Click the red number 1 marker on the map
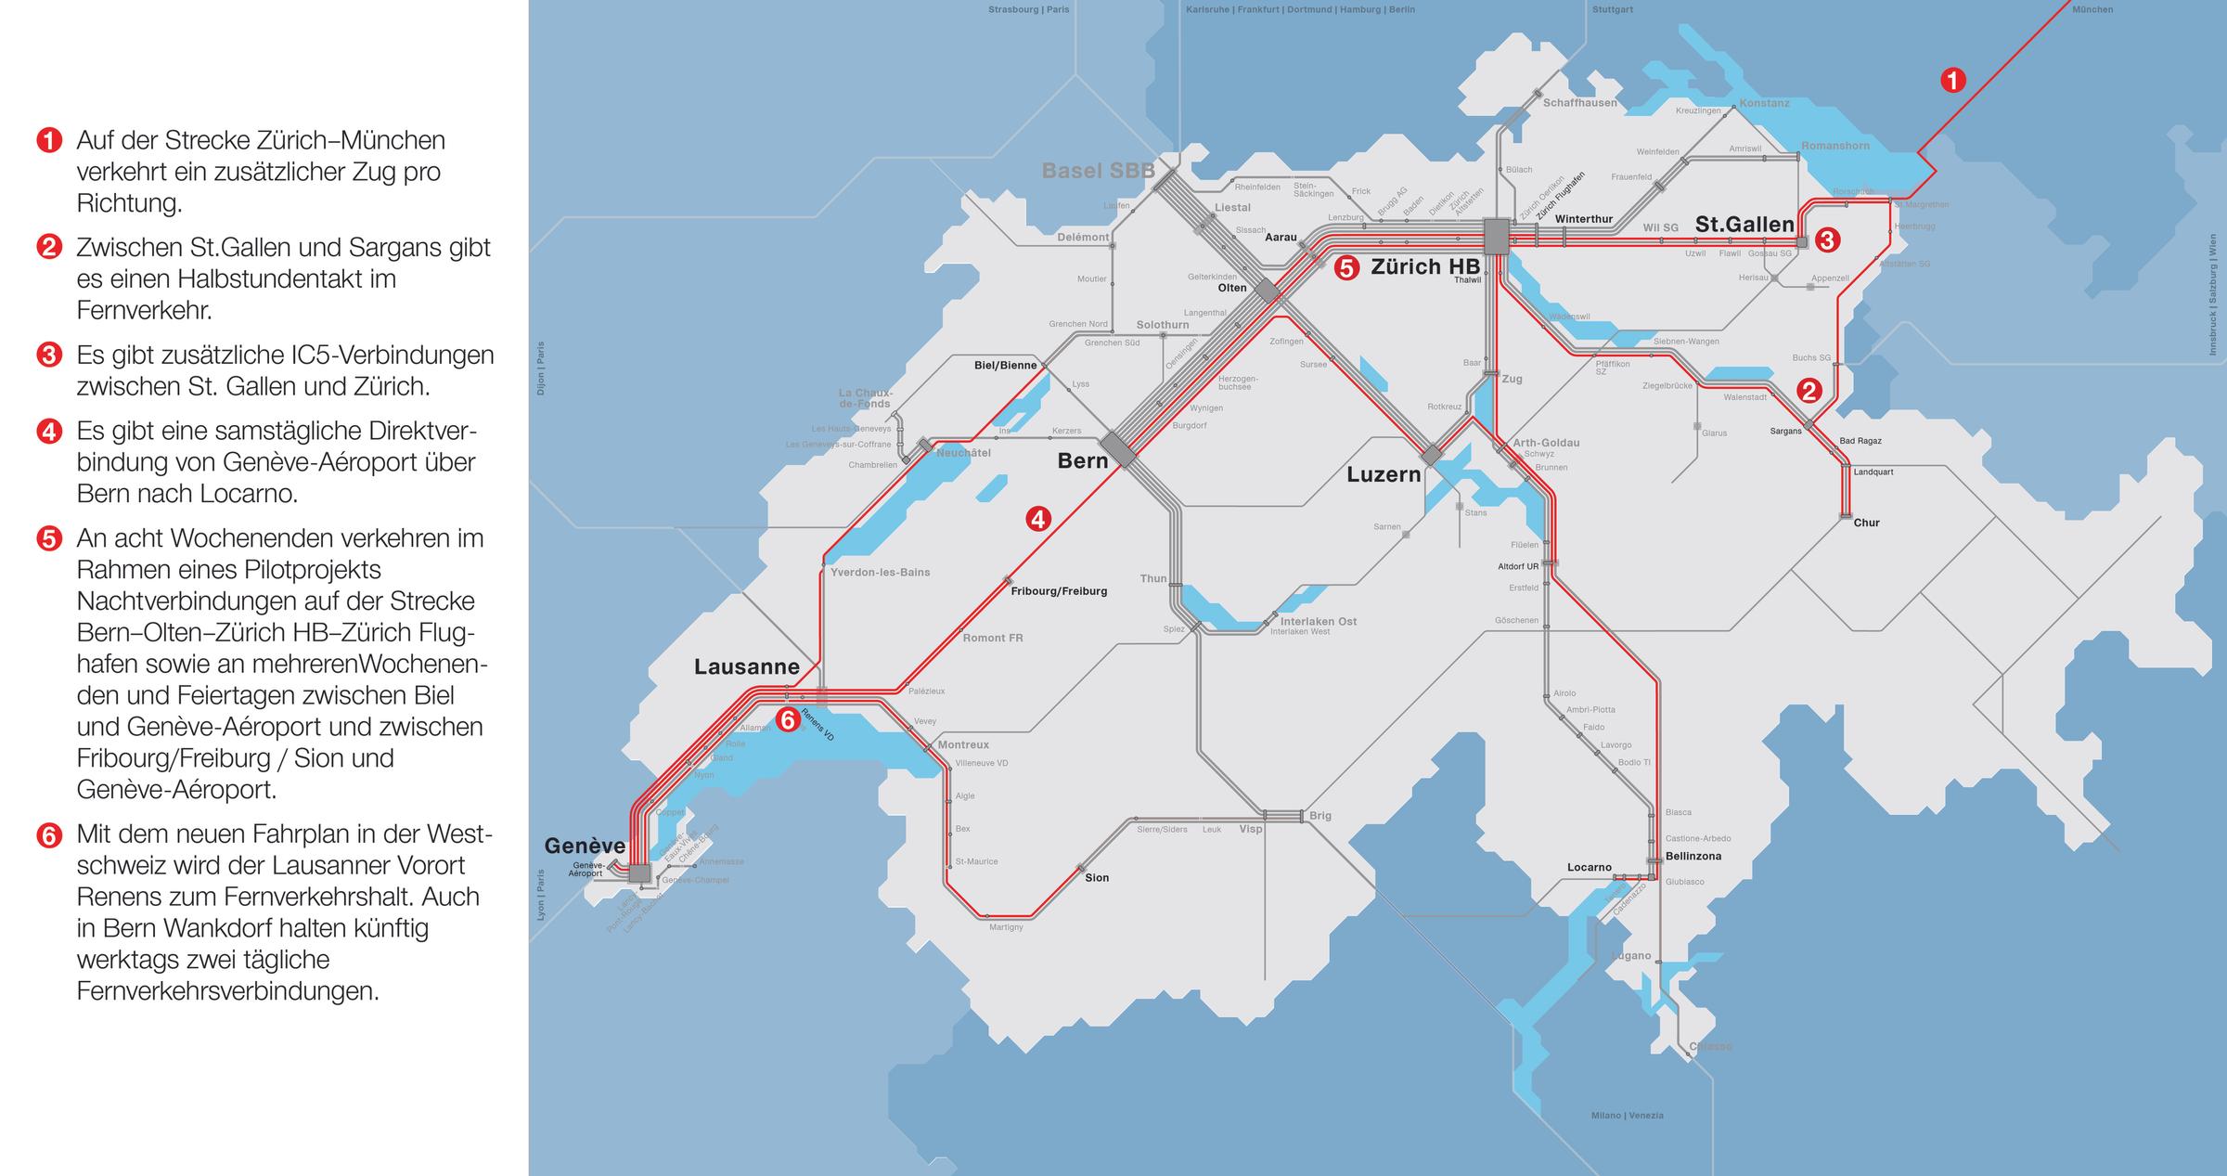1953,81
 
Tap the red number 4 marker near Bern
1038,519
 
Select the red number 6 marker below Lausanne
787,719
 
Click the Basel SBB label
1098,171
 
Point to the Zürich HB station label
1425,267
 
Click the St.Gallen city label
1744,224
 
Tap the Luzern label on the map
1384,474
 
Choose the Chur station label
1866,523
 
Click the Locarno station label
1590,867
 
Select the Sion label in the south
1097,877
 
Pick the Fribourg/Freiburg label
1059,591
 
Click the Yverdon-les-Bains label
880,572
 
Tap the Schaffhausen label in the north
1579,103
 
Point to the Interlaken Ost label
1318,621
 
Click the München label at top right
2092,9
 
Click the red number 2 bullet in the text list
49,247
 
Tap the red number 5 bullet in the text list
49,538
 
